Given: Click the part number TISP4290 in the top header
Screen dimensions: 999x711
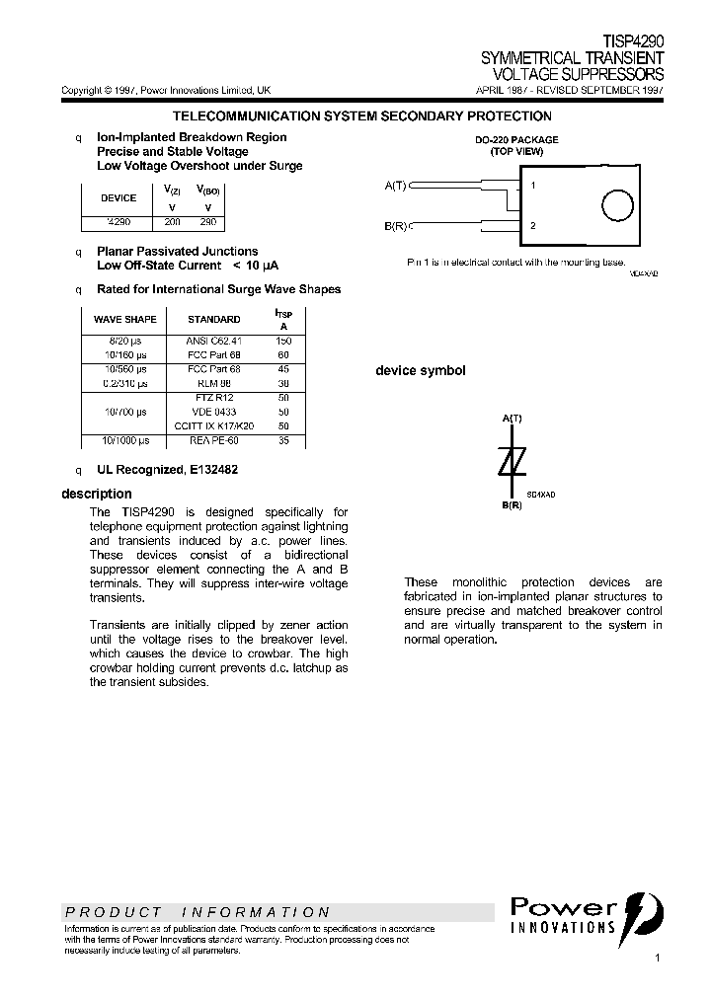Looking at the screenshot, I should point(633,42).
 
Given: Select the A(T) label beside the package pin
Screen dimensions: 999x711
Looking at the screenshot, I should point(395,185).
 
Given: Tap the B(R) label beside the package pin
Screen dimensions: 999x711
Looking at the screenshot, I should point(395,226).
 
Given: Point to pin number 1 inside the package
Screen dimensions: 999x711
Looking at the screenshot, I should point(533,185).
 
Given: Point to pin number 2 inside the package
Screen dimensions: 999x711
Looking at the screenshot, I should point(533,226).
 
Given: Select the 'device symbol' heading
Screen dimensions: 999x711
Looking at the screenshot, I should point(420,371).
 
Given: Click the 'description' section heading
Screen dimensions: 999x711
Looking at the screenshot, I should point(96,494).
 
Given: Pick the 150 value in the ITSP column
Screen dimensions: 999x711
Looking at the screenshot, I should point(283,340).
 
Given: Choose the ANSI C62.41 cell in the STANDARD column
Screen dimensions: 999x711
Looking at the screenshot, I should point(213,340).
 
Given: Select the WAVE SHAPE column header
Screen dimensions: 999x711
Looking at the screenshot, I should point(124,319).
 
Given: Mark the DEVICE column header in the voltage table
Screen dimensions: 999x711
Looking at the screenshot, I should point(118,197).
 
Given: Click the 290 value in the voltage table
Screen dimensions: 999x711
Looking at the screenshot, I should point(207,223).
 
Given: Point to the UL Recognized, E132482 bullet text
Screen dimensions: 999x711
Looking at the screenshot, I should point(167,470).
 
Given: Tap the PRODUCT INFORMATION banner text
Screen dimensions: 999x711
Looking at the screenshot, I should point(197,912).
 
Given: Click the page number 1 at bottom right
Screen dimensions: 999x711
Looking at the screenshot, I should point(658,959).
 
